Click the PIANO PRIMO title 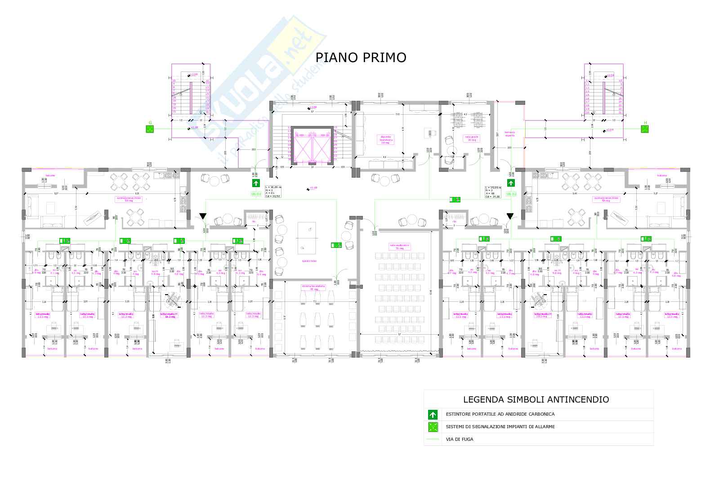point(361,58)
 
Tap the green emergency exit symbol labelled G point(150,129)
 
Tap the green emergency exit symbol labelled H point(645,129)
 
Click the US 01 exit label point(256,194)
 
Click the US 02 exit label point(511,194)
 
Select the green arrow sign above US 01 point(256,183)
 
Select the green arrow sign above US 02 point(511,183)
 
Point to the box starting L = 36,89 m point(273,191)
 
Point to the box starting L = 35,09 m point(493,191)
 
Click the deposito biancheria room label point(387,139)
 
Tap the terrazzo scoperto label point(509,134)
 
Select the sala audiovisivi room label point(397,246)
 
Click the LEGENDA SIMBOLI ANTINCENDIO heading point(536,399)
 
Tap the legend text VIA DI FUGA point(460,439)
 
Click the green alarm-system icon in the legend point(433,427)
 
